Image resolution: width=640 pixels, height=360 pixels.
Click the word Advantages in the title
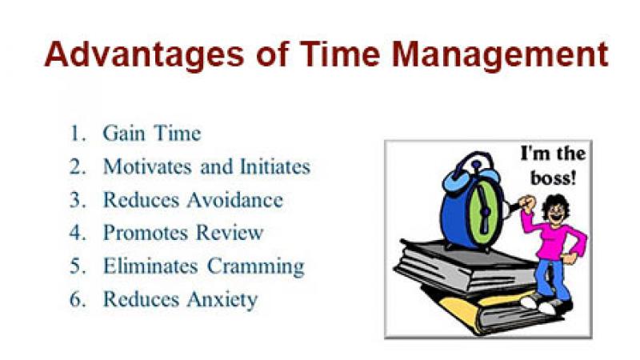(x=144, y=55)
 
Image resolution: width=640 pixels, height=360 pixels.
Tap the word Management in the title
(x=500, y=55)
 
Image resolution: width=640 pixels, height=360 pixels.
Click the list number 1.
(x=78, y=133)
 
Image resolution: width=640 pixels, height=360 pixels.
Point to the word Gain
(x=124, y=133)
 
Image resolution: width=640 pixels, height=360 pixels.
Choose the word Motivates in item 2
(x=147, y=166)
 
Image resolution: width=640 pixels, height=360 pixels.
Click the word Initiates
(x=275, y=166)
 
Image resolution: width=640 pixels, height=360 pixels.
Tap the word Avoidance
(x=234, y=199)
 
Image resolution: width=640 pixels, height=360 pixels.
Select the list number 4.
(x=78, y=233)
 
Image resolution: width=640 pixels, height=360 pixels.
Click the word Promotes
(x=146, y=233)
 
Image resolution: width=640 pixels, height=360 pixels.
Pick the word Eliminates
(x=150, y=266)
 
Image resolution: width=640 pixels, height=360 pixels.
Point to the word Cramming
(x=256, y=267)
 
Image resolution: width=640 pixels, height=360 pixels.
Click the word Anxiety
(x=222, y=300)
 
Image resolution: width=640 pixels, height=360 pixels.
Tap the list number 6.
(x=78, y=298)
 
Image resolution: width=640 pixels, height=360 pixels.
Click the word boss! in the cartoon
(x=553, y=178)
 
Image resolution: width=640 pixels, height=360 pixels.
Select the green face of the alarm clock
(x=485, y=211)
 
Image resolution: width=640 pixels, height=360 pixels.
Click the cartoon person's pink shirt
(x=555, y=237)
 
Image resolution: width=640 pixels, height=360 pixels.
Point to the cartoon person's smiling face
(x=557, y=213)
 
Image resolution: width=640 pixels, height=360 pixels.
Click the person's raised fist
(x=527, y=203)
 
